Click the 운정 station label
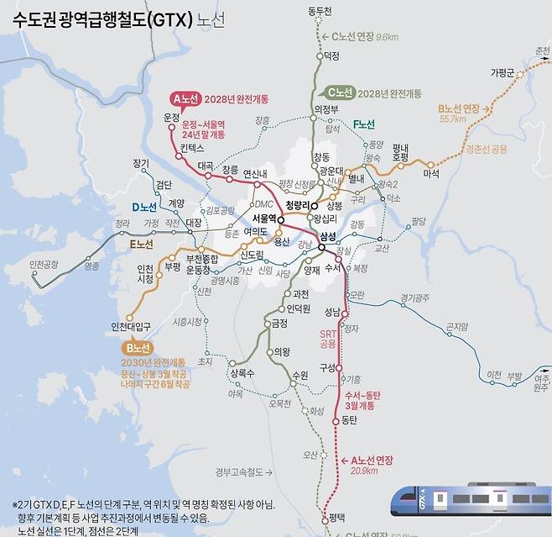(172, 117)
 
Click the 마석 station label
(431, 174)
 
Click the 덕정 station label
(331, 56)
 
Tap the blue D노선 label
(144, 207)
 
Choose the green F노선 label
(363, 124)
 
